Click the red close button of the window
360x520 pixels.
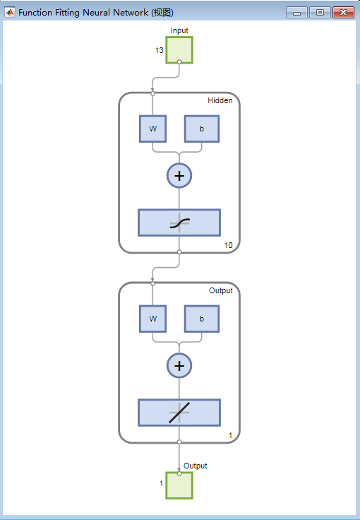(344, 13)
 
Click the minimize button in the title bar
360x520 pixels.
(296, 13)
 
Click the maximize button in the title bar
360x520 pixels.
(320, 13)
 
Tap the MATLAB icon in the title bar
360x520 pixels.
(10, 13)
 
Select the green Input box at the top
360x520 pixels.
(179, 49)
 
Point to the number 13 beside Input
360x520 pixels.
(159, 50)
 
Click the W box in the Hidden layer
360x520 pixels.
(152, 129)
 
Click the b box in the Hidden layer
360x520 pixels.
(202, 129)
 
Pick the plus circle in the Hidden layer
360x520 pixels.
(179, 175)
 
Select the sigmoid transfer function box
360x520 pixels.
(179, 223)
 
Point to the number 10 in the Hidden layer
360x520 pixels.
(228, 245)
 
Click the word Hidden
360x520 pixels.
(220, 100)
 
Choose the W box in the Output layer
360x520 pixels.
(152, 319)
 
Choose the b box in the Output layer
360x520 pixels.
(202, 319)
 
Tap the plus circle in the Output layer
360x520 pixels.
(179, 365)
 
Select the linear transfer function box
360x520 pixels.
(179, 413)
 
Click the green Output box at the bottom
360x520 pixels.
(179, 485)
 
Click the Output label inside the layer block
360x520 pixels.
(220, 290)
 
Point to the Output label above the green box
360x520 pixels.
(195, 466)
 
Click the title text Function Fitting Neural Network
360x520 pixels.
(83, 13)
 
